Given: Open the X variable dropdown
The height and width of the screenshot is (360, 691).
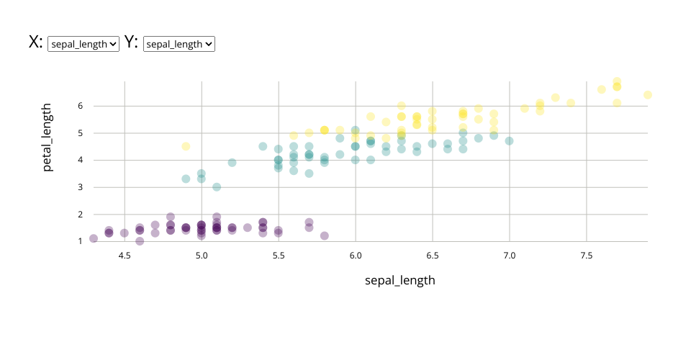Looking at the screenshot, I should click(x=83, y=44).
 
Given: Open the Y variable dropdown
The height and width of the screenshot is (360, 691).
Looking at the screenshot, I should click(x=179, y=44).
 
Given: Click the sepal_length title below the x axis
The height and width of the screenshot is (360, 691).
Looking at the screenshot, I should click(x=399, y=280).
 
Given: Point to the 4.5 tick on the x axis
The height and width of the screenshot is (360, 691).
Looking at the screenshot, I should click(x=125, y=255).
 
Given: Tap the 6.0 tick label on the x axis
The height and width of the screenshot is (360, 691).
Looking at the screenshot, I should click(x=355, y=255).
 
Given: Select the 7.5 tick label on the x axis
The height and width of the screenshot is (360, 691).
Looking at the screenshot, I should click(x=586, y=255).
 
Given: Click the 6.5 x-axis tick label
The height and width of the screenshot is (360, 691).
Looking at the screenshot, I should click(x=432, y=255).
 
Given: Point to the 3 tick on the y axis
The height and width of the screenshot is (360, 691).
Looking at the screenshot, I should click(x=81, y=187).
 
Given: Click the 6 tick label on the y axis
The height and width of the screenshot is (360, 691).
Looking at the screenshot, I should click(x=81, y=106).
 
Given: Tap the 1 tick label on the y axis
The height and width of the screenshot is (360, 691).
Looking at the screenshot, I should click(x=81, y=241).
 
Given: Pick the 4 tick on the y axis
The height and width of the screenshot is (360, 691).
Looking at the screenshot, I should click(x=81, y=160).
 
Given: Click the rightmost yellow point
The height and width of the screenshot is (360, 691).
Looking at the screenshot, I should click(x=648, y=95).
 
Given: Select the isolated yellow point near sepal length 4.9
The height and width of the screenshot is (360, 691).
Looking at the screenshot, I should click(x=186, y=146).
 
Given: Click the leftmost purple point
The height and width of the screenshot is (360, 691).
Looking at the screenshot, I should click(x=94, y=238).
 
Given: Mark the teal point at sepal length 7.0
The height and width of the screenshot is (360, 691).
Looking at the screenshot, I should click(x=509, y=141).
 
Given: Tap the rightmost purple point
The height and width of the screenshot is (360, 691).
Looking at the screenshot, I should click(x=325, y=235).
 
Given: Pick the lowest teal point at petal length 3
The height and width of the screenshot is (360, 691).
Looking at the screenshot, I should click(x=217, y=187).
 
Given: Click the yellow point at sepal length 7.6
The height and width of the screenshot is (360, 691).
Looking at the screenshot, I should click(x=602, y=89).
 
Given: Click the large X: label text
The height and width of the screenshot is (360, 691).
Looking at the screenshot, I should click(x=35, y=42).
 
